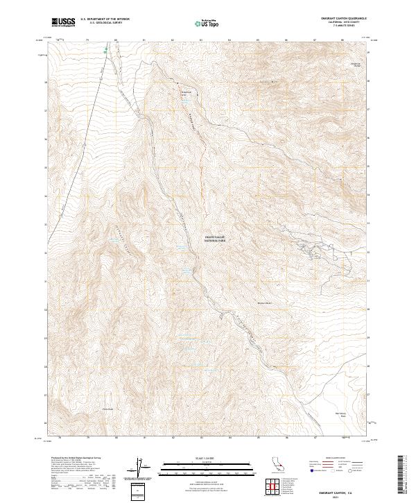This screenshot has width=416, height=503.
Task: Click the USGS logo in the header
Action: click(x=64, y=23)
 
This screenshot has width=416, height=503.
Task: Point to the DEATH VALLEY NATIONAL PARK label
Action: click(x=216, y=239)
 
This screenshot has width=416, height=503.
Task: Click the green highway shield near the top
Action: click(x=105, y=50)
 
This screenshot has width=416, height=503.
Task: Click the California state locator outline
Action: click(x=277, y=466)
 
